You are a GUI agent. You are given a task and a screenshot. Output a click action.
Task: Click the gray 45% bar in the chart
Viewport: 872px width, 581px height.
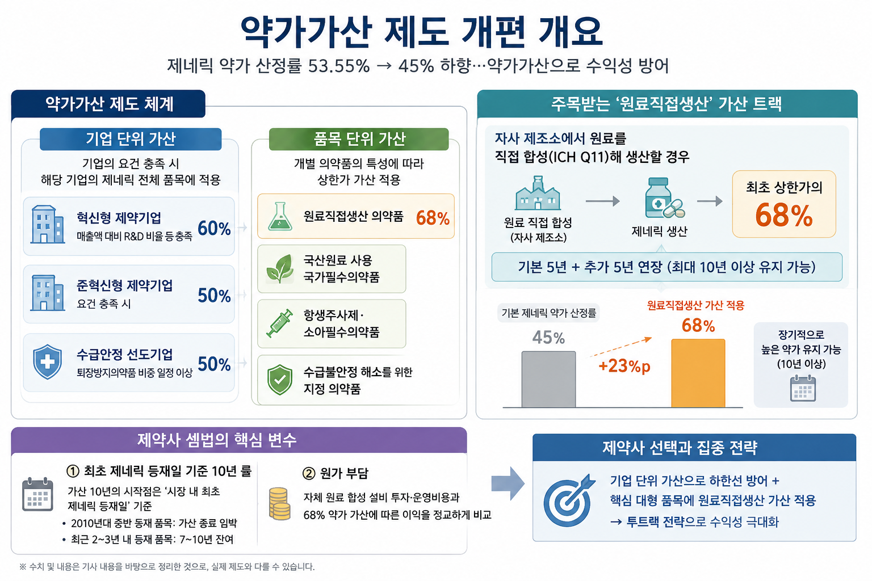tap(548, 379)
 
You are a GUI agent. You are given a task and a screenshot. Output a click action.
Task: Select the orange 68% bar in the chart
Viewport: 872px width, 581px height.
tap(698, 373)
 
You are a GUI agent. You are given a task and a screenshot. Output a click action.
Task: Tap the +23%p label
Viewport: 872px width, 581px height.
tap(624, 366)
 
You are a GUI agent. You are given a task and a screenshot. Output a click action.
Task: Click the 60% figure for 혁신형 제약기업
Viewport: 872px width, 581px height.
tap(214, 228)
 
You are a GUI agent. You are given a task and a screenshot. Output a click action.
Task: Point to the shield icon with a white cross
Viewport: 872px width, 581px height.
tap(47, 361)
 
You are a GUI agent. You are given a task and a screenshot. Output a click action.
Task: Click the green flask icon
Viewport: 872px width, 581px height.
tap(280, 216)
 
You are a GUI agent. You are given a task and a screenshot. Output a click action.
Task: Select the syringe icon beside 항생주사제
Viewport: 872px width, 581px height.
tap(279, 323)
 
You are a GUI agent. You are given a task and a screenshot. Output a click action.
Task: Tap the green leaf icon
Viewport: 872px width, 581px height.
tap(280, 268)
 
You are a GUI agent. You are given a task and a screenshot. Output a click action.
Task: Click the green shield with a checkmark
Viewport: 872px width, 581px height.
tap(280, 380)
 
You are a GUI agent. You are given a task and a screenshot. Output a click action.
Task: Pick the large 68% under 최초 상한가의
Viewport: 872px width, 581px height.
tap(783, 215)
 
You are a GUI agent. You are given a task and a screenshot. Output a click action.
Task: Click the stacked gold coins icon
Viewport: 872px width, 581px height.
tap(279, 504)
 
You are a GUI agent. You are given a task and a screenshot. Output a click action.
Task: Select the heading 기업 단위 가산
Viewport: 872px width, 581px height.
tap(131, 139)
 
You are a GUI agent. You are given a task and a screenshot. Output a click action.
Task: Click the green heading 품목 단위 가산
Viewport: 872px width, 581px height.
tap(359, 139)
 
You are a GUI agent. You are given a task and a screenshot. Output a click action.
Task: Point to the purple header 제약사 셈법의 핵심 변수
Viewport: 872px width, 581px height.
tap(217, 440)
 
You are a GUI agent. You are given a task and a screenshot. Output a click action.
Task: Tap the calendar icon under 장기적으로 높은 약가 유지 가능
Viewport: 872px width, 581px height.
tap(803, 388)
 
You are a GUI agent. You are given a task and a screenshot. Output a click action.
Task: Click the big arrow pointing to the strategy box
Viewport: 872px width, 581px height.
tap(508, 483)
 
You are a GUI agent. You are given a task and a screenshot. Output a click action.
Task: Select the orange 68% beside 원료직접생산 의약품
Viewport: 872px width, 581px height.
tap(433, 218)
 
